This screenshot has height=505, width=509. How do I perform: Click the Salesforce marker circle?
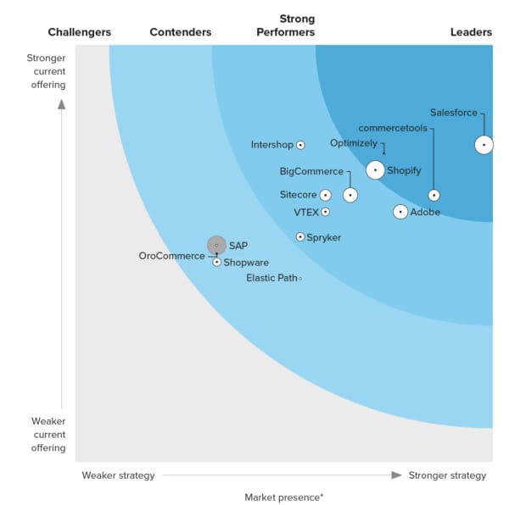(483, 145)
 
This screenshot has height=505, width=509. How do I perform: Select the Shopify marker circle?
(375, 170)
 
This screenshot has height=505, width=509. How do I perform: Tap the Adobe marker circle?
(400, 212)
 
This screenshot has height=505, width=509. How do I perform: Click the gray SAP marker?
(216, 246)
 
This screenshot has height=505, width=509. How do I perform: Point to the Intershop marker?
(300, 145)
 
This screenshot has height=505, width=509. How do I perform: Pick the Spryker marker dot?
(300, 237)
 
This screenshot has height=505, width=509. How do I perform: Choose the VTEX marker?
(326, 212)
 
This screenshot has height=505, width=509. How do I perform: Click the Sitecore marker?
(326, 195)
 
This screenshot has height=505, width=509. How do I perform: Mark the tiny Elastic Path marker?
(300, 278)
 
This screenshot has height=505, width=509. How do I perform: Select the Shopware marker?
(217, 263)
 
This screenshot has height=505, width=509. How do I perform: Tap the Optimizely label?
(353, 143)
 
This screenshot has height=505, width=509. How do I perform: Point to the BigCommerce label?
(311, 171)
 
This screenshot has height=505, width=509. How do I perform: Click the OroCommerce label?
(171, 256)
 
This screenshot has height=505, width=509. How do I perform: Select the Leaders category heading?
(471, 32)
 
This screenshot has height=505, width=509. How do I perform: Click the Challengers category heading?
(79, 32)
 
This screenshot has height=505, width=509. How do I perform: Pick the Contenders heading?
(181, 32)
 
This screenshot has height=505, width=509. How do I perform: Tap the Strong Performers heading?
(297, 25)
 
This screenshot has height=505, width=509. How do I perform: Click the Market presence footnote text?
(283, 497)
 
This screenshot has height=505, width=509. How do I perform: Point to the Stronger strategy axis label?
(447, 475)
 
